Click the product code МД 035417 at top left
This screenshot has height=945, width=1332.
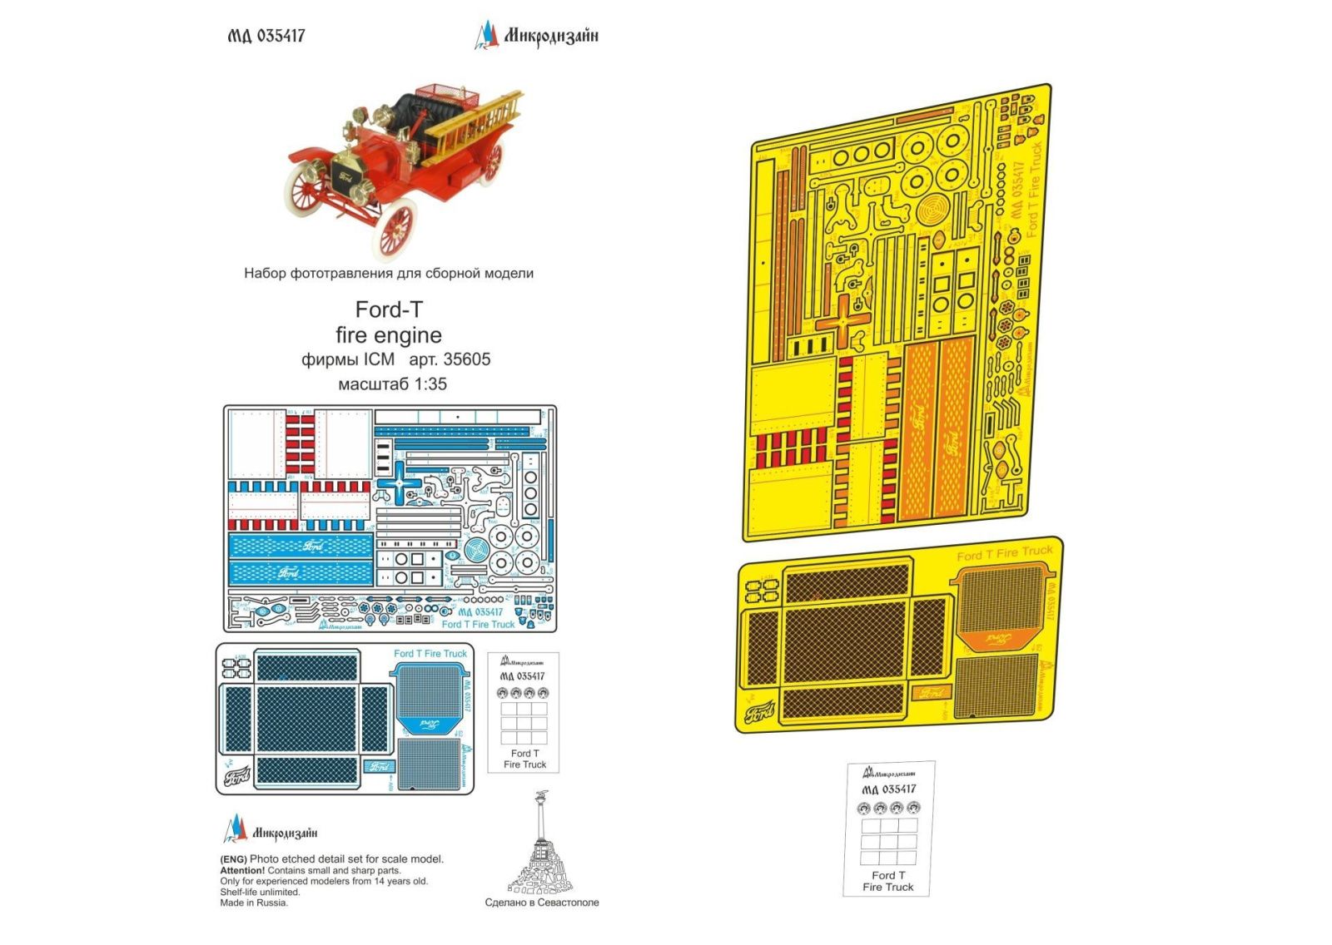266,36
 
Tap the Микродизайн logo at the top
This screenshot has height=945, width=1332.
537,36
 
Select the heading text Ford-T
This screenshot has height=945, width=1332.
389,309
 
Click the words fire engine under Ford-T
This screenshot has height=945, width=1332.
389,335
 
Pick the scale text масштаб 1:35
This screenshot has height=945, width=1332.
392,383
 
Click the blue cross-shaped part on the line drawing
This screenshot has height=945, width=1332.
400,483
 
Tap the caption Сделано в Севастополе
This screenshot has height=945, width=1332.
542,902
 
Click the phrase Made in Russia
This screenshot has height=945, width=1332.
254,903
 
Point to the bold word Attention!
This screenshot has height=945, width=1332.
242,870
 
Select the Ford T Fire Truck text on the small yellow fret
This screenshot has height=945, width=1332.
1004,553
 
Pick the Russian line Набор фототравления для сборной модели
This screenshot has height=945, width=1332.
389,273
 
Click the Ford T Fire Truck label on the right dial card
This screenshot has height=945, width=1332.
888,881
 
